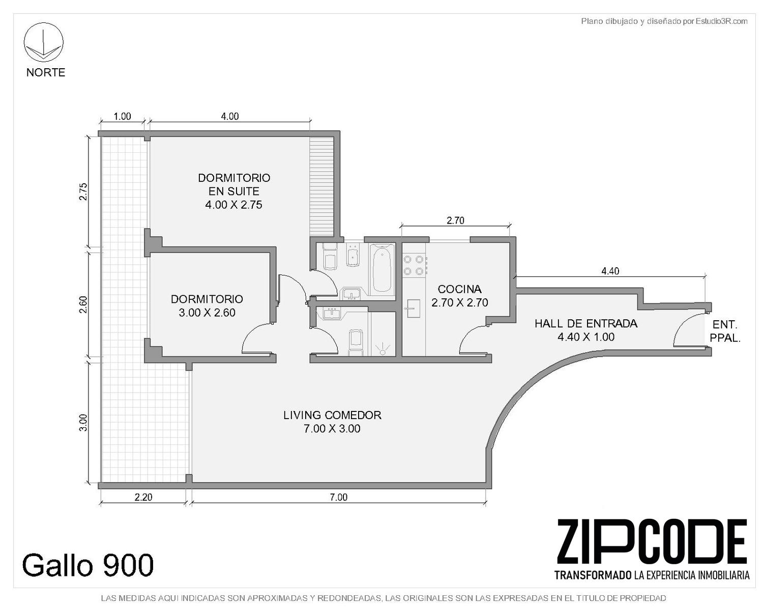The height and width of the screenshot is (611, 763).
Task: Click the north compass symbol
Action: pyautogui.click(x=44, y=42)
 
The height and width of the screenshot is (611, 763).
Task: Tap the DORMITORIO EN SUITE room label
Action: pyautogui.click(x=233, y=191)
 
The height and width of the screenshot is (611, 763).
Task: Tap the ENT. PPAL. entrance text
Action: pyautogui.click(x=725, y=331)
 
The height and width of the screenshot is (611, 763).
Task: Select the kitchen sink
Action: pyautogui.click(x=413, y=309)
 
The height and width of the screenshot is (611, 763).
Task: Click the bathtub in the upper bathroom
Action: pyautogui.click(x=382, y=269)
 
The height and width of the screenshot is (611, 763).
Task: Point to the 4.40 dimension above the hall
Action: pyautogui.click(x=610, y=271)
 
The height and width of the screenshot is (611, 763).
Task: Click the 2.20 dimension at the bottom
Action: pyautogui.click(x=143, y=497)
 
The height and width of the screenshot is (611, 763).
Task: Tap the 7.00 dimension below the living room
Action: pyautogui.click(x=339, y=497)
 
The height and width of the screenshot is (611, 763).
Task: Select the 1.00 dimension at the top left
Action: pyautogui.click(x=122, y=117)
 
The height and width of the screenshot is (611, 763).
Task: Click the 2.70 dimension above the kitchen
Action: pyautogui.click(x=455, y=220)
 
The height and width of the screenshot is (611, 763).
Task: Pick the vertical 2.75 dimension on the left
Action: pyautogui.click(x=83, y=192)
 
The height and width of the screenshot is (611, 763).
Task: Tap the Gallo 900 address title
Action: pyautogui.click(x=88, y=565)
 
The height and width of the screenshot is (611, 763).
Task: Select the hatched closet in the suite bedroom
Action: pyautogui.click(x=321, y=186)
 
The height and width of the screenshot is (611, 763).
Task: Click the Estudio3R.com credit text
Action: pyautogui.click(x=664, y=21)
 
